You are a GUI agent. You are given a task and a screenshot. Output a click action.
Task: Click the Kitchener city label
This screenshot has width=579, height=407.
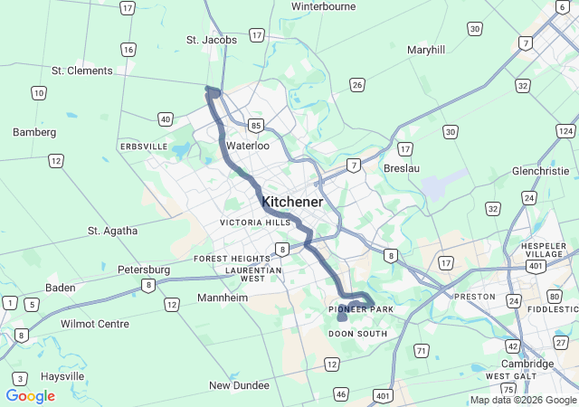291,202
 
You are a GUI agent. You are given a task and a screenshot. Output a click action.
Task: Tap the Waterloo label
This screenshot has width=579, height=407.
248,146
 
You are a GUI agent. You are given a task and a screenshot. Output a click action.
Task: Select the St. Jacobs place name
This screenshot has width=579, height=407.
212,40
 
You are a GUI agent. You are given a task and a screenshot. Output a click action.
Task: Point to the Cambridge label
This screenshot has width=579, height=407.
527,364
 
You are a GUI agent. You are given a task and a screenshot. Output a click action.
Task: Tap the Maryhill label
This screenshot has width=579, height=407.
426,50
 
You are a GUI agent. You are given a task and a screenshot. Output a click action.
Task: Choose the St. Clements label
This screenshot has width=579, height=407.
82,71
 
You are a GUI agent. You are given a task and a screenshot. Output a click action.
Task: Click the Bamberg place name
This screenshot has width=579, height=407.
34,132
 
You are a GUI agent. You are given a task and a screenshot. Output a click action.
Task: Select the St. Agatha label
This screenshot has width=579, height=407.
113,231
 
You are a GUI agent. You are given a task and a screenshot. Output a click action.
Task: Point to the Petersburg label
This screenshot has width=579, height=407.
144,270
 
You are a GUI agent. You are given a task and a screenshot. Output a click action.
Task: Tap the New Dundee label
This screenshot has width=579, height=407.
239,385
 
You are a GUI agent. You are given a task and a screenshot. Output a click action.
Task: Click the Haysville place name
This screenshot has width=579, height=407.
61,376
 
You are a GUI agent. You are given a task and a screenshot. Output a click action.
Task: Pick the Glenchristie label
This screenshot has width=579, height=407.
541,171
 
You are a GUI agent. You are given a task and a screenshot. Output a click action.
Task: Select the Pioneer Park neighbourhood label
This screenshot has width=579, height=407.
361,310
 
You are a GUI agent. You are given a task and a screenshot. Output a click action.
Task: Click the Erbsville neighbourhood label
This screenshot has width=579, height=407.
144,147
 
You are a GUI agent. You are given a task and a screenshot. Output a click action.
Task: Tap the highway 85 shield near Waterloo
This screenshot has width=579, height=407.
258,125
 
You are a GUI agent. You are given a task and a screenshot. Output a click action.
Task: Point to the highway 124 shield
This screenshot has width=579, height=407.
566,132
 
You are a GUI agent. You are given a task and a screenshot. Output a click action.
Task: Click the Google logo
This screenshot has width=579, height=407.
30,396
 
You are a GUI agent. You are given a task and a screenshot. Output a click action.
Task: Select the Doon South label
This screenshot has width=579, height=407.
357,334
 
